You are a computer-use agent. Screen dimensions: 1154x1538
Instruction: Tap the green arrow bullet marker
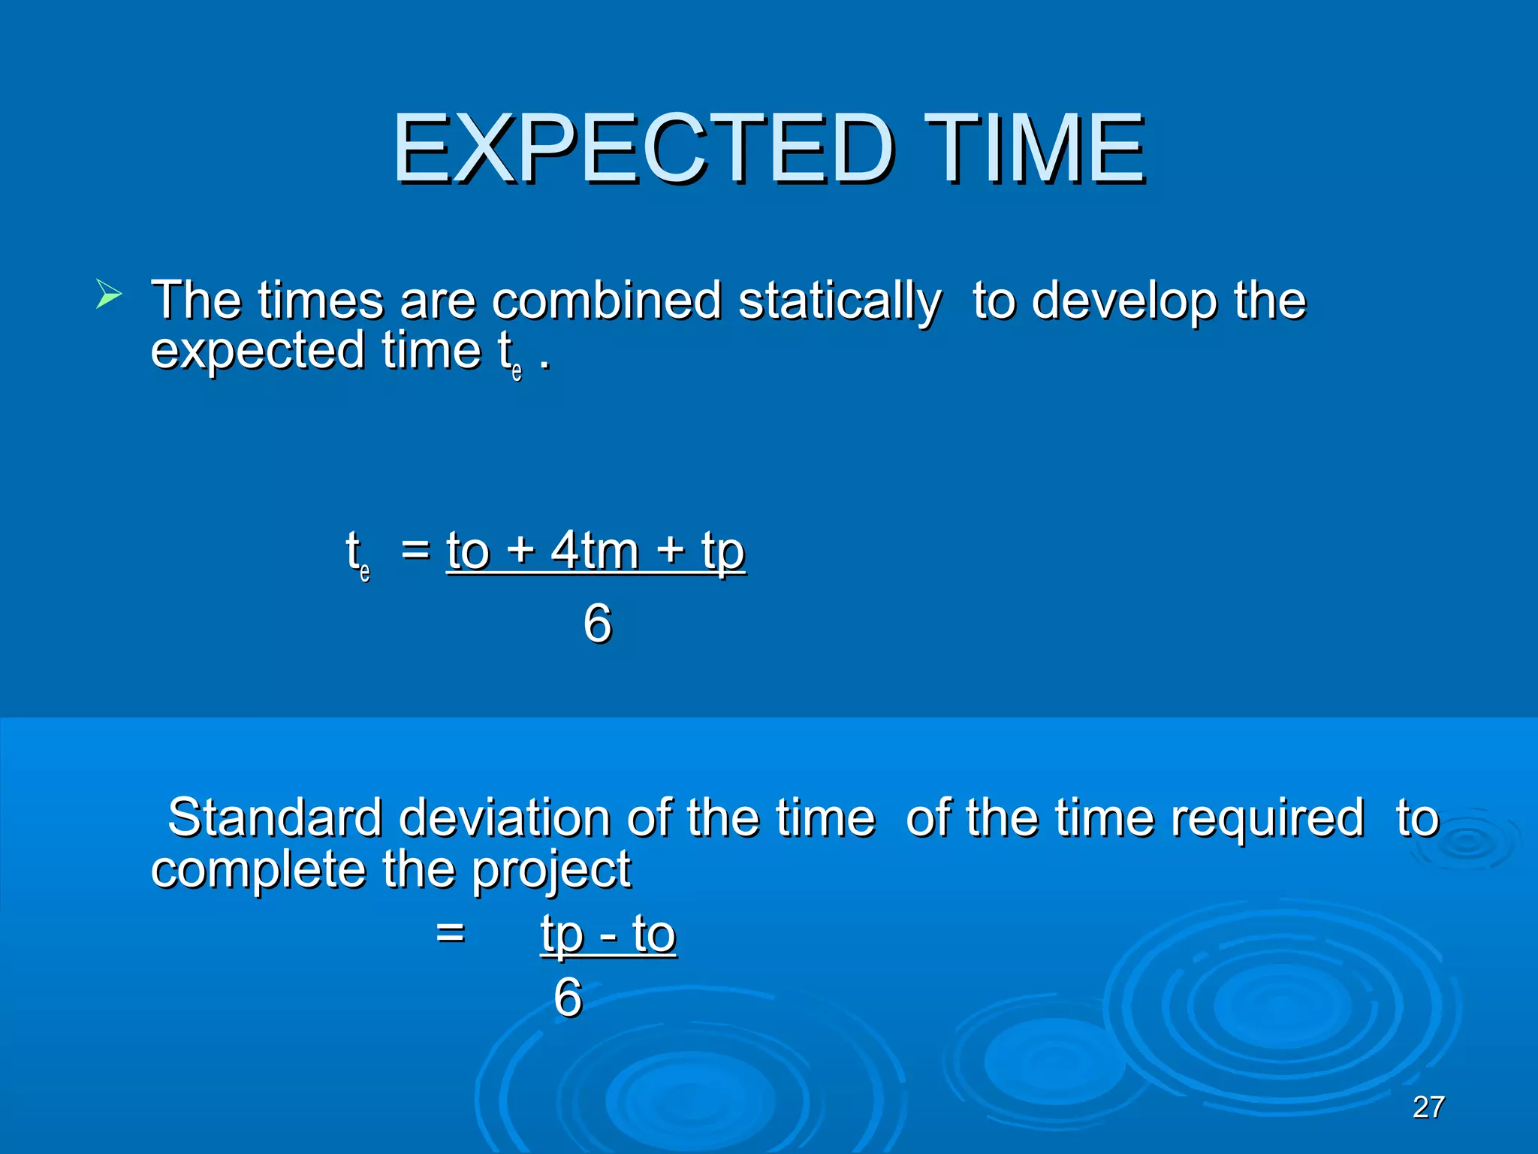108,293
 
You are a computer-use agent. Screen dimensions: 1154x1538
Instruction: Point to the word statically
839,302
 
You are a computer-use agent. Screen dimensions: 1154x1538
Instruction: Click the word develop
1124,302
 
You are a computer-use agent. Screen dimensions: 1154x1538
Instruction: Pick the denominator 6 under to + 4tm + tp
598,623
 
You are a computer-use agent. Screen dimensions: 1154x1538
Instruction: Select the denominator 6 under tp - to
568,997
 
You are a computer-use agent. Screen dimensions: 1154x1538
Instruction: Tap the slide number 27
1428,1107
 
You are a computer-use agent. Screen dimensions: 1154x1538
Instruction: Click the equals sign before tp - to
451,934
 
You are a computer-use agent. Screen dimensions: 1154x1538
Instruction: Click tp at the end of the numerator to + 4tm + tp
722,552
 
